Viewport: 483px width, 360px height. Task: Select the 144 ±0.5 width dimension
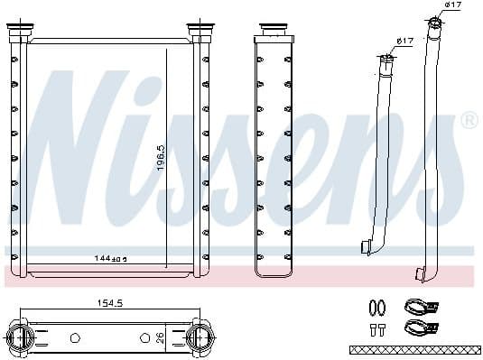click(x=110, y=258)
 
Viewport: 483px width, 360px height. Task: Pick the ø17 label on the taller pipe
click(x=453, y=6)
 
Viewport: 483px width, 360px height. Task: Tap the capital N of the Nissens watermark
click(x=77, y=144)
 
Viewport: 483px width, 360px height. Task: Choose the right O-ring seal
click(x=384, y=307)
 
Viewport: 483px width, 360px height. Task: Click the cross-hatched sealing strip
click(x=413, y=348)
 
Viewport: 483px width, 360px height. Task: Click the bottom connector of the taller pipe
click(x=420, y=272)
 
